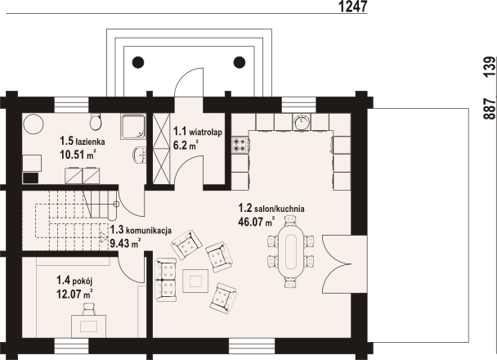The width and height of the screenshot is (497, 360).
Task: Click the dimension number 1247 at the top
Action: (351, 7)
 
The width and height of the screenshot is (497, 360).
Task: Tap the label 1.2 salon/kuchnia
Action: (271, 209)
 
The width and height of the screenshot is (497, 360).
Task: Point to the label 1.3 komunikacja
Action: (141, 230)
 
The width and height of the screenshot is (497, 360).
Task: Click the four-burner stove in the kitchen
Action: (241, 145)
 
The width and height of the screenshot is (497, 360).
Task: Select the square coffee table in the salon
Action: (197, 280)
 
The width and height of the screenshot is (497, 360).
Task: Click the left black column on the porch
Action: (138, 61)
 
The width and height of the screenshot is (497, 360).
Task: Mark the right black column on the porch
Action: (240, 61)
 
